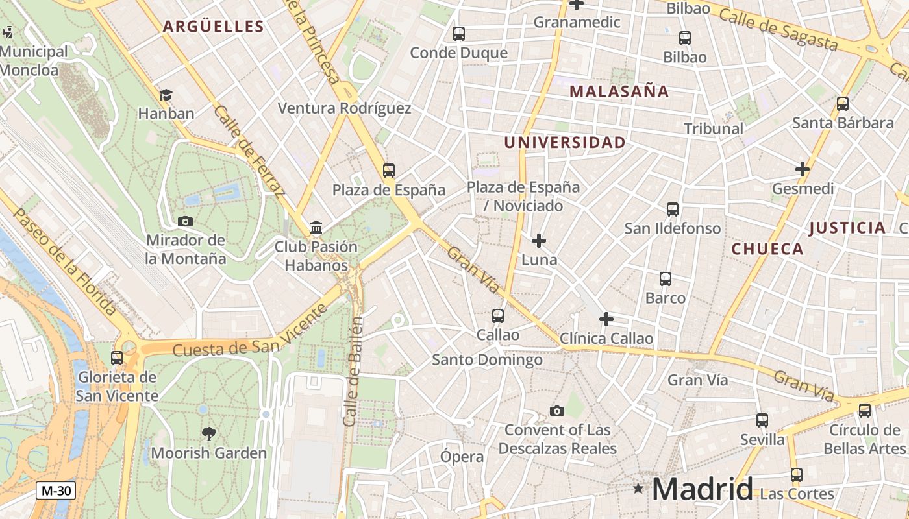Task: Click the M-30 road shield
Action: (56, 491)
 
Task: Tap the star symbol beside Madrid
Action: (639, 488)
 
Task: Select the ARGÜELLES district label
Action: (213, 27)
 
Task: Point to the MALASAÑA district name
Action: (619, 91)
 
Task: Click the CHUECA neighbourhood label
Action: (767, 249)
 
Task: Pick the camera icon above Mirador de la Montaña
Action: (185, 221)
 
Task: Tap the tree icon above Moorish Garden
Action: (208, 433)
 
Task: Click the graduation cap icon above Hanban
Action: (166, 95)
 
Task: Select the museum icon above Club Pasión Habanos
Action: (316, 227)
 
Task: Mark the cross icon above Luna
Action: (539, 241)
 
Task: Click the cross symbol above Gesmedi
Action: (803, 169)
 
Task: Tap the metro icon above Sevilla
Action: (762, 420)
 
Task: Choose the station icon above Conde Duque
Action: (458, 33)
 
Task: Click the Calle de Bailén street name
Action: (353, 371)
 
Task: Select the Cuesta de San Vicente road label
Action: (250, 330)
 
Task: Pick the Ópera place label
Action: (462, 457)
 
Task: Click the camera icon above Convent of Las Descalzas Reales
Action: (556, 411)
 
